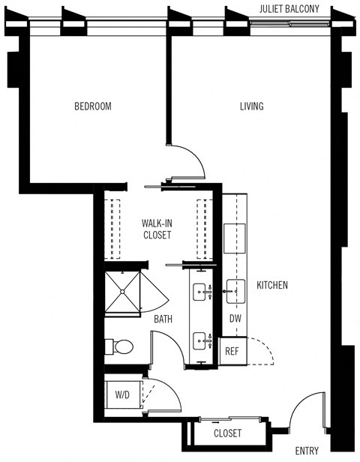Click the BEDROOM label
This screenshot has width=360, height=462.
click(92, 106)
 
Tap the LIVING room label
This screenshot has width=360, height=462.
click(251, 106)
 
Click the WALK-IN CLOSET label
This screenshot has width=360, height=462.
click(157, 229)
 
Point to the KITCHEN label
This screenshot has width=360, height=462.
click(272, 286)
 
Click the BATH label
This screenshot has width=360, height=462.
click(163, 319)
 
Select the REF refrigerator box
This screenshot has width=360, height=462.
click(232, 350)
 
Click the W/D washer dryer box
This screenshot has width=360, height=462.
click(122, 394)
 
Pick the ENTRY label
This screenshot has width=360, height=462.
click(307, 451)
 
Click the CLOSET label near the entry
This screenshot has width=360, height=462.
click(227, 433)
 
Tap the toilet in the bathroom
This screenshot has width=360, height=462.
click(120, 346)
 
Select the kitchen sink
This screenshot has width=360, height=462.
click(235, 288)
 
